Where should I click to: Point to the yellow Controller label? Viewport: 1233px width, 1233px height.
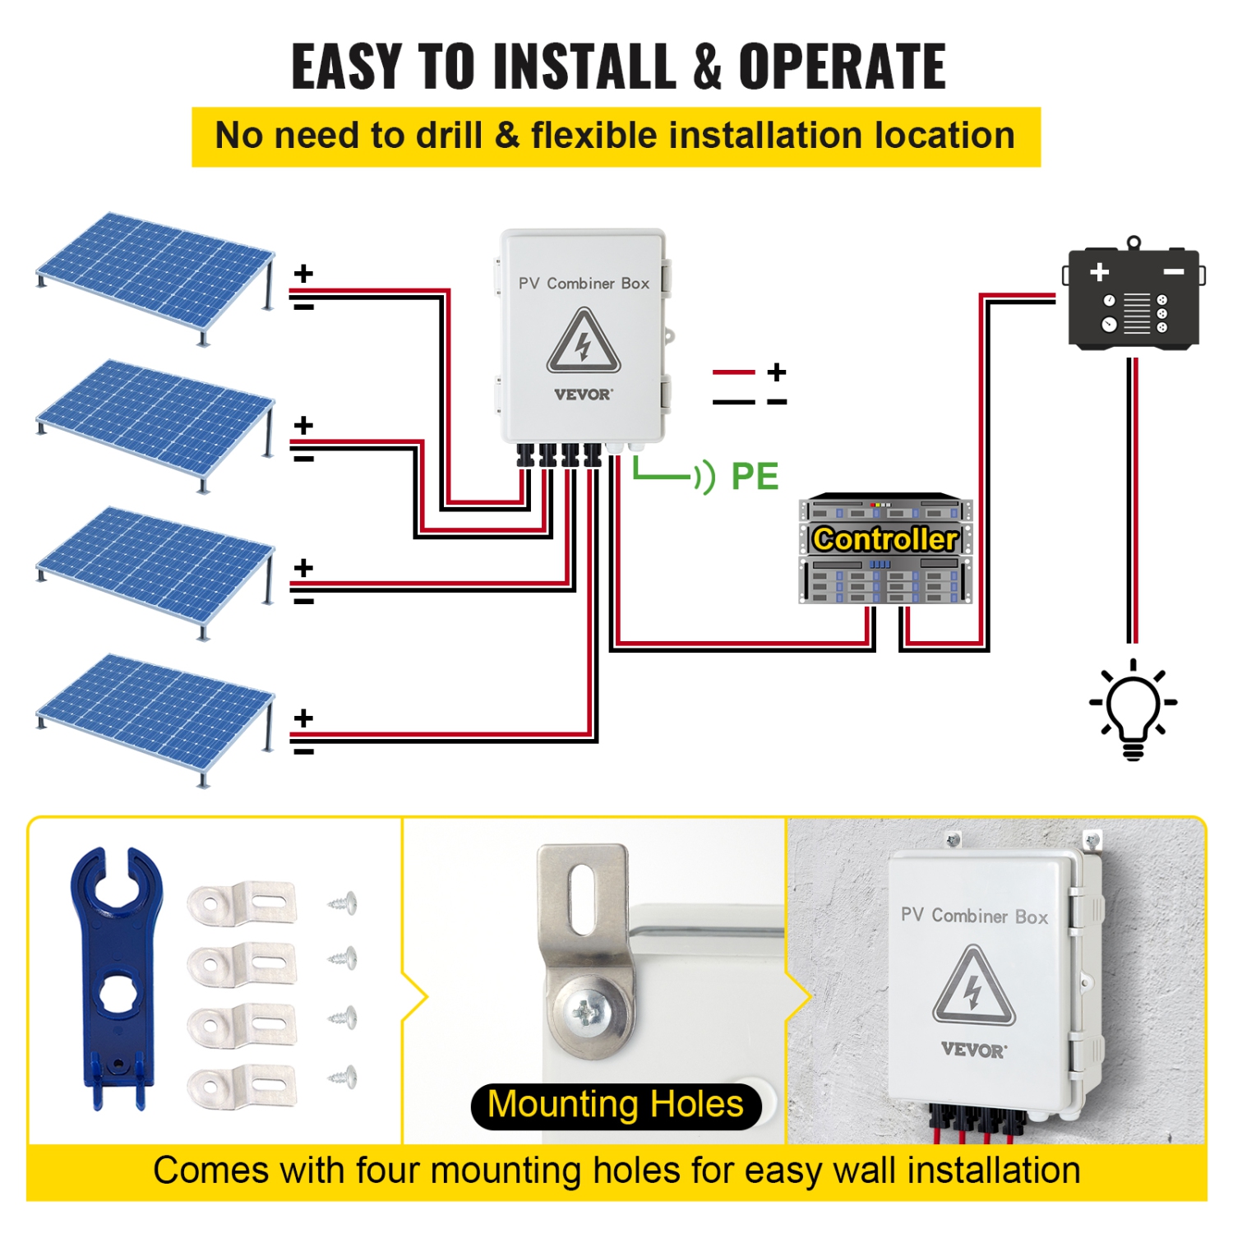pyautogui.click(x=885, y=539)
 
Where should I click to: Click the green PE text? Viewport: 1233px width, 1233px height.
pyautogui.click(x=755, y=477)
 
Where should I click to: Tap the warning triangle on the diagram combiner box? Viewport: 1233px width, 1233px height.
pyautogui.click(x=584, y=341)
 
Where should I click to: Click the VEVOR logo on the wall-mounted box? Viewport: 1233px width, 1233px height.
pyautogui.click(x=973, y=1050)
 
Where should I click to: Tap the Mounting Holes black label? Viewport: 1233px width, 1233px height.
pyautogui.click(x=616, y=1105)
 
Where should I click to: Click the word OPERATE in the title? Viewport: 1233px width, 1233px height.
pyautogui.click(x=842, y=67)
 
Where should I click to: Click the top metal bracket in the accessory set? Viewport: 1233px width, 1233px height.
pyautogui.click(x=242, y=903)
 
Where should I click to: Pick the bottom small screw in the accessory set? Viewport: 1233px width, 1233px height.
pyautogui.click(x=344, y=1076)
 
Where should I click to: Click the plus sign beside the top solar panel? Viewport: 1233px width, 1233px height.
pyautogui.click(x=304, y=274)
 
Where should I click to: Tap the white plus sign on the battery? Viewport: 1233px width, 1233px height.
pyautogui.click(x=1099, y=272)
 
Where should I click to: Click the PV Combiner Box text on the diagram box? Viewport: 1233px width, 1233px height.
pyautogui.click(x=584, y=284)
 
